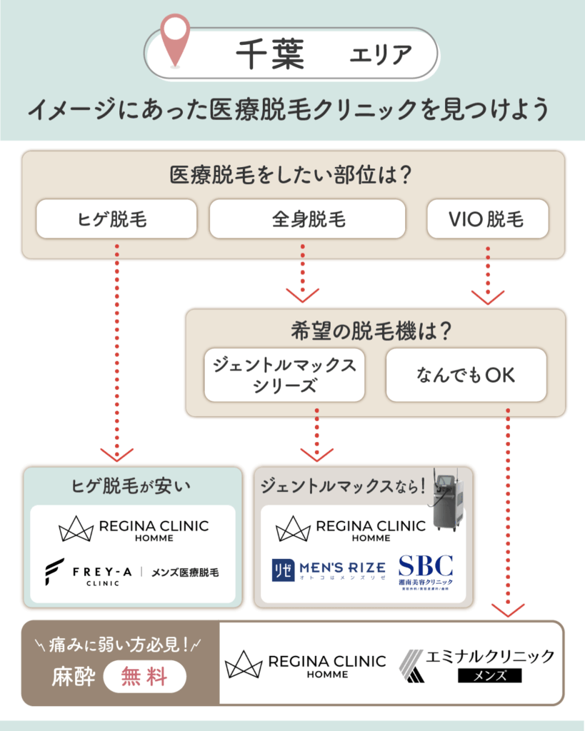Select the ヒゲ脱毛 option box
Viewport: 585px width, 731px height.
pos(116,218)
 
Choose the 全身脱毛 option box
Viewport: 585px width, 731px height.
pos(308,218)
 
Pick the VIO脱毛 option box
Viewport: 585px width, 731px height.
pos(487,218)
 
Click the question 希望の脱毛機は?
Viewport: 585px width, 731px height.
pos(375,331)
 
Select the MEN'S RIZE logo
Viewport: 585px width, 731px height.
pos(329,568)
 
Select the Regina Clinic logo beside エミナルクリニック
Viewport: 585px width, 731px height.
pos(305,665)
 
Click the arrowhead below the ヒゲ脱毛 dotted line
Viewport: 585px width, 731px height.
pos(116,454)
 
